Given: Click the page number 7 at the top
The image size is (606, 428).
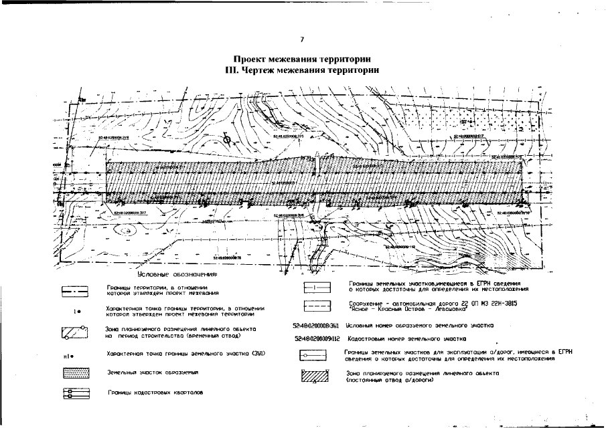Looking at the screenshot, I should pos(302,42).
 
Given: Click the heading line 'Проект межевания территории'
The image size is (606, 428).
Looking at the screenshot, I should pos(303,59).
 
